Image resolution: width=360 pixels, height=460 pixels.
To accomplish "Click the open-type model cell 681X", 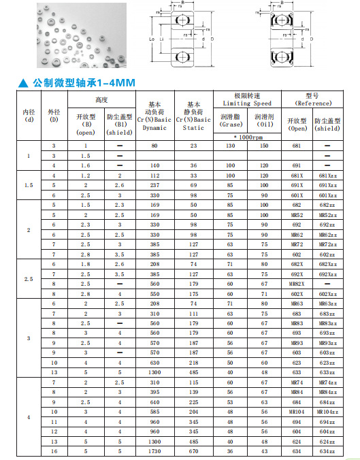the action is tap(296, 176).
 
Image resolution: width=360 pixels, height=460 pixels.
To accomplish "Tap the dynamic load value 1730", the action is tap(154, 451).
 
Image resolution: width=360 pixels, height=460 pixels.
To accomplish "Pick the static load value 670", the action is tap(194, 451).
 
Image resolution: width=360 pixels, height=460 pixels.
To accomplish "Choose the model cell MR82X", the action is tap(296, 282).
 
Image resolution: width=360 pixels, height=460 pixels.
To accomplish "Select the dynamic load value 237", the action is tap(154, 185).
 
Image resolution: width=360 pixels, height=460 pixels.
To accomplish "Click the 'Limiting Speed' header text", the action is tap(247, 103).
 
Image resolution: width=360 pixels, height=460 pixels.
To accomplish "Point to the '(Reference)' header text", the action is tap(313, 103).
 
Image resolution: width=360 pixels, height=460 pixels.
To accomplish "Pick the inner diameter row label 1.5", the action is tap(29, 185).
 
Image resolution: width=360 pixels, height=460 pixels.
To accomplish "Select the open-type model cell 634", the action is tap(296, 451).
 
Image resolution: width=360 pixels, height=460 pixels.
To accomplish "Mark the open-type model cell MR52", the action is tap(296, 214).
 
